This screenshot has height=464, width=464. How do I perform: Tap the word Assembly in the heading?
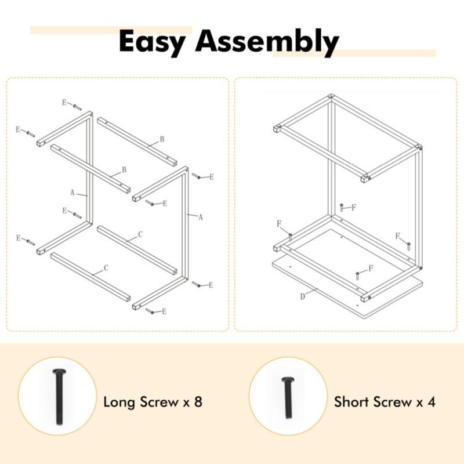tap(267, 42)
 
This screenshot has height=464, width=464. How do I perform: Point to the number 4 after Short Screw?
tap(431, 401)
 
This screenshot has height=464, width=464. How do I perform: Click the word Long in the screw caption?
tap(119, 401)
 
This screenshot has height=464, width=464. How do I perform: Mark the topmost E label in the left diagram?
tap(64, 103)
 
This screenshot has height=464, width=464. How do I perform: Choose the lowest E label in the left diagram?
tap(164, 311)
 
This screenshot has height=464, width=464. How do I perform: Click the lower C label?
tap(106, 269)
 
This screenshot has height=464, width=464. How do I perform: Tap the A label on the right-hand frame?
tap(200, 217)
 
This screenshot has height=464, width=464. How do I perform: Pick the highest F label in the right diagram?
tap(353, 206)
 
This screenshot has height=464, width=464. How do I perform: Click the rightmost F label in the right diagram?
tap(398, 236)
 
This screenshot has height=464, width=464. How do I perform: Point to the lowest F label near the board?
tap(370, 269)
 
